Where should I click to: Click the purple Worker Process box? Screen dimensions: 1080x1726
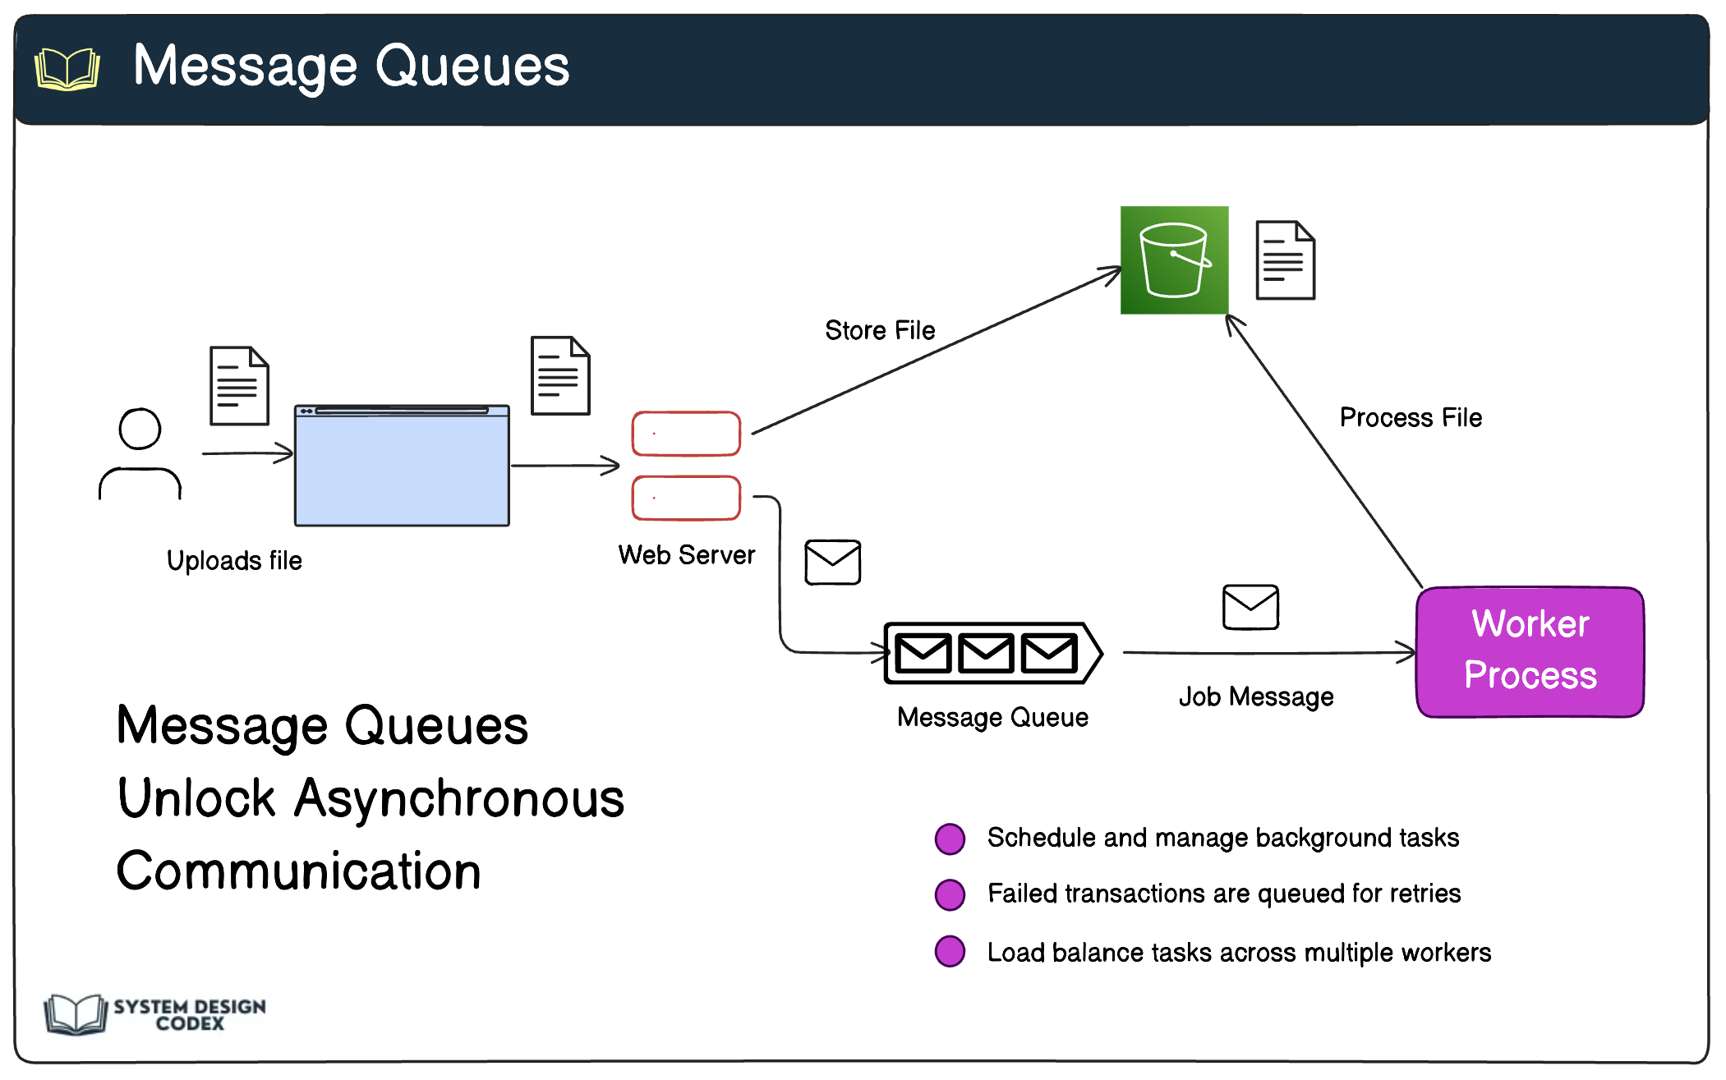1530,651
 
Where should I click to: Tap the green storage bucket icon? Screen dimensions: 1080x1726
1174,260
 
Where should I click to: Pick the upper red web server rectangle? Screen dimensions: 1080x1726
686,434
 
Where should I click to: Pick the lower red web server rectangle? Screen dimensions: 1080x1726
686,498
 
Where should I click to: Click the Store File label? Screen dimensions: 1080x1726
880,330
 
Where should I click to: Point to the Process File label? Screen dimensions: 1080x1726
1411,417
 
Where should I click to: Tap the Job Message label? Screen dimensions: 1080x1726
1256,696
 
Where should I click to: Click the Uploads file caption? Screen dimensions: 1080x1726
234,560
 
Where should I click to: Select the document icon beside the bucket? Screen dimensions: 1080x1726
1285,260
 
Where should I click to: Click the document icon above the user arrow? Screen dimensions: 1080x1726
239,386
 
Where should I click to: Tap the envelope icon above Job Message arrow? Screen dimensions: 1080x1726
1250,607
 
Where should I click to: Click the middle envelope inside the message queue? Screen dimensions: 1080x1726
986,654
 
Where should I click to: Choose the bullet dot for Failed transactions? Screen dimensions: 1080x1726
950,894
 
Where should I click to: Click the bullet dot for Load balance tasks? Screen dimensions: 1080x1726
950,951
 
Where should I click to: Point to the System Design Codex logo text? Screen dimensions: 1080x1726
190,1014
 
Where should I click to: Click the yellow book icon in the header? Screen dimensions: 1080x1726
67,69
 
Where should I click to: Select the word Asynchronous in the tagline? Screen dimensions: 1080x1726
459,798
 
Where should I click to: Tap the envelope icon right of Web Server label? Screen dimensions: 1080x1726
832,562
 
